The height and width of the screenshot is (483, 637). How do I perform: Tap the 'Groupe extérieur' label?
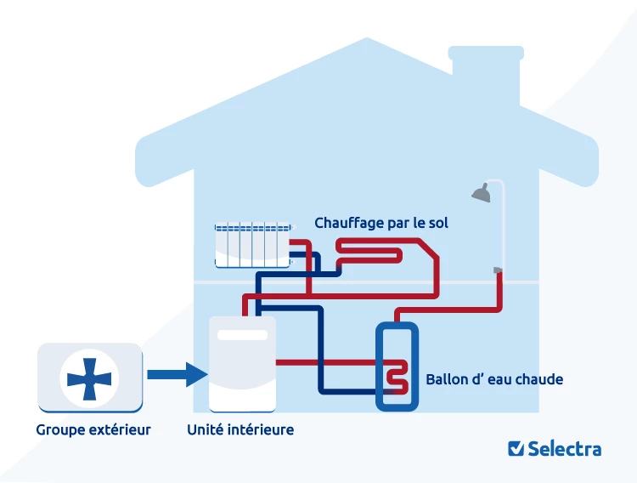coord(93,429)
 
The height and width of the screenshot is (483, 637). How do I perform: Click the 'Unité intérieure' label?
coord(240,429)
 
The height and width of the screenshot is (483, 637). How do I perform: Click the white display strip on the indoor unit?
coord(242,334)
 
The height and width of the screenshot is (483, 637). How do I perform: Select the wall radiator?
coord(253,244)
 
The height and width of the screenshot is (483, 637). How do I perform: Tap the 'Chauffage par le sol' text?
coord(381,223)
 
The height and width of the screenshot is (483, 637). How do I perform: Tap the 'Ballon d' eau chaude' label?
coord(494,379)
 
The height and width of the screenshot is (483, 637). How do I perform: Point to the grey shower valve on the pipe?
coord(498,270)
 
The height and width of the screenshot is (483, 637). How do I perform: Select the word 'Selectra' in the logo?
coord(564,448)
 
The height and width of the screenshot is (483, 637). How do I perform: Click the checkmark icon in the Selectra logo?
coord(515,448)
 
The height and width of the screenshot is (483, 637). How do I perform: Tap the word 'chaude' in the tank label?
coord(540,379)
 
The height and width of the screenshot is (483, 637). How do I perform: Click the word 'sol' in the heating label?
coord(437,223)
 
